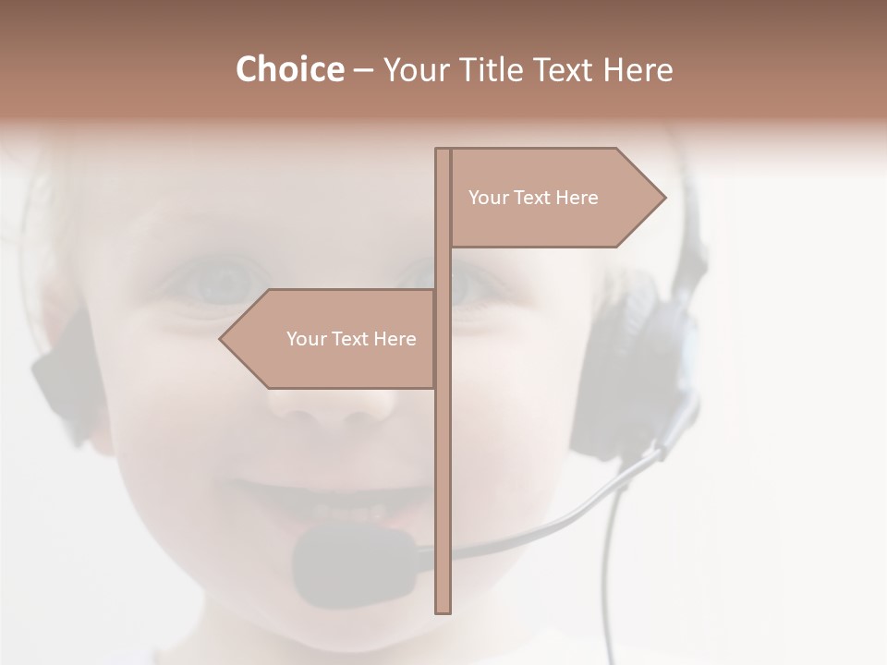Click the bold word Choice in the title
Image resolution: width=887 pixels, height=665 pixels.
(x=289, y=69)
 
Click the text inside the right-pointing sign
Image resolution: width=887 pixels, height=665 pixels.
(x=533, y=198)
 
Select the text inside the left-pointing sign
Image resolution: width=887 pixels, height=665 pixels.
(x=351, y=339)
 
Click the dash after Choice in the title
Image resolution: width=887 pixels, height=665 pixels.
(x=363, y=70)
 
